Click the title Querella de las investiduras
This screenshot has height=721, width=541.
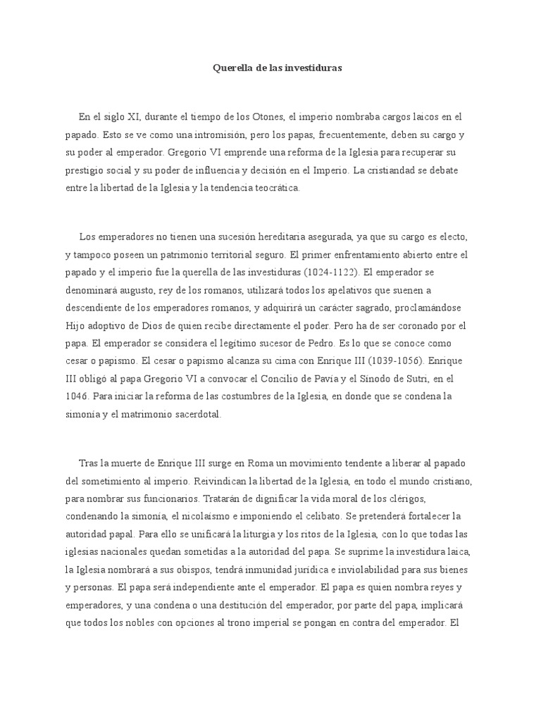pos(278,68)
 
